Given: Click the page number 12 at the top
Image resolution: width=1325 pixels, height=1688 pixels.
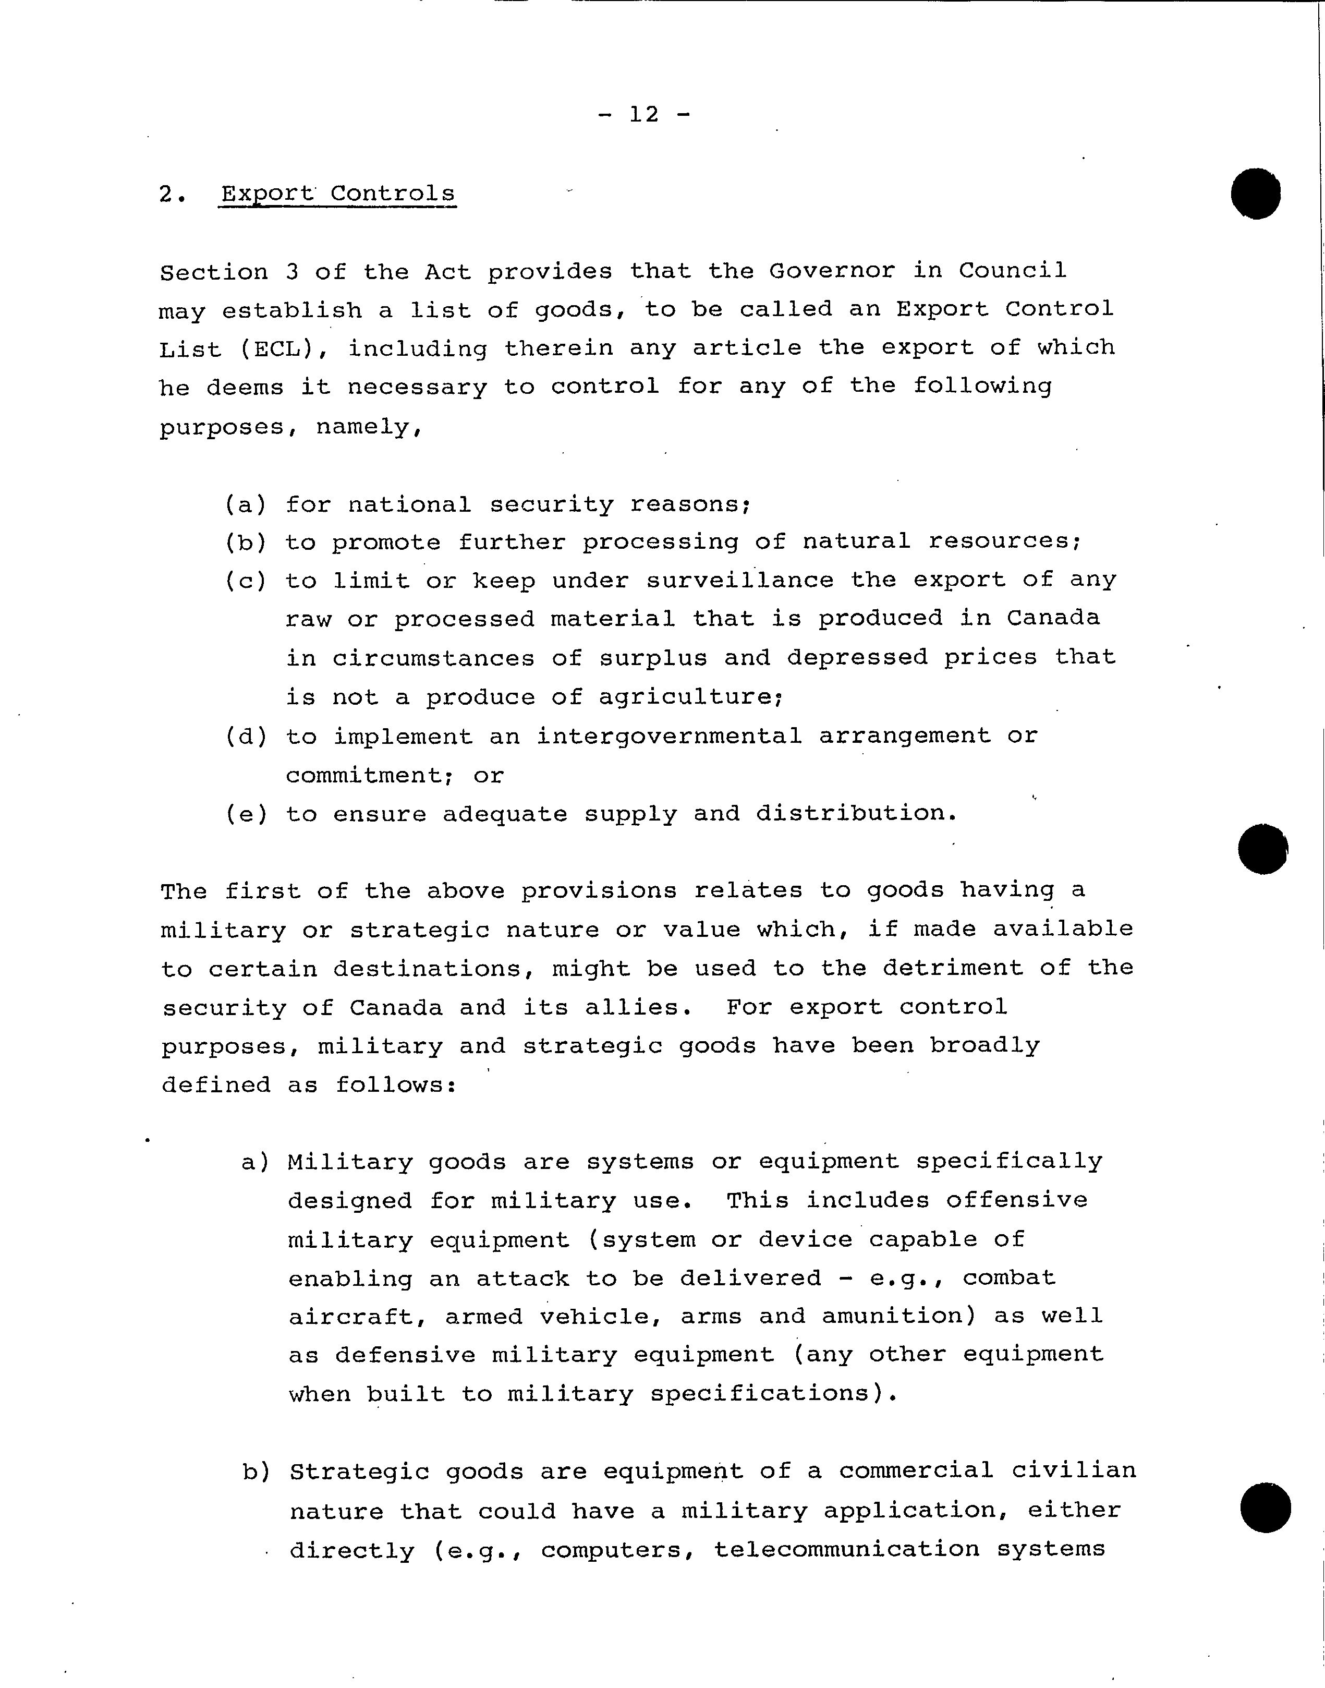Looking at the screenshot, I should coord(644,115).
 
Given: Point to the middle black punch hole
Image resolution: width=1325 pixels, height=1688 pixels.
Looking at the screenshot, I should coord(1263,848).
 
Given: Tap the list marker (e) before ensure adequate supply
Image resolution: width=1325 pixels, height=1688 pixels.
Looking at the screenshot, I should coord(247,814).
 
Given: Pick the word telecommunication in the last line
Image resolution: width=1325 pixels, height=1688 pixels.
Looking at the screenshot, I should coord(847,1549).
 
